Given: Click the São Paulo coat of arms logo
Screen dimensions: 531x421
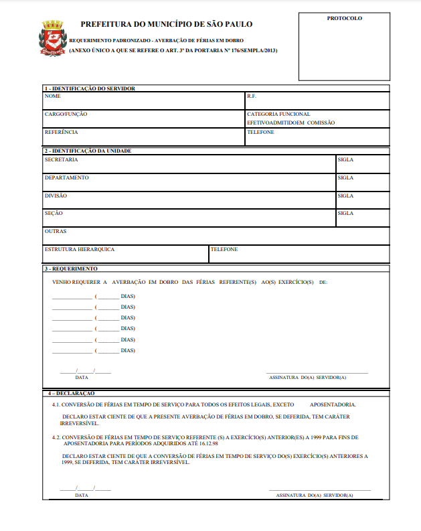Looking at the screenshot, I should (53, 37).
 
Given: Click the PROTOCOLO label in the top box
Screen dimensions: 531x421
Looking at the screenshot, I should (344, 19).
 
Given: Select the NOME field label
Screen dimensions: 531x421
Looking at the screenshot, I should (53, 96).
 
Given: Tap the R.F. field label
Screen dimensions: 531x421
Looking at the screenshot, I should (252, 96).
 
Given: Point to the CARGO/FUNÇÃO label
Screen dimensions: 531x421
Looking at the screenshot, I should (66, 115).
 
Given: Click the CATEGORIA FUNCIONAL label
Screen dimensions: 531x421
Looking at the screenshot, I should (278, 115).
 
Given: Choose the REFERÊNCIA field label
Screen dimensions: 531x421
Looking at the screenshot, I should (62, 133).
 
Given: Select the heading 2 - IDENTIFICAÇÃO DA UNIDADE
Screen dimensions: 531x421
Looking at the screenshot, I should (88, 151).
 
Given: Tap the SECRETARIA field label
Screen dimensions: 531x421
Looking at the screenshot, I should (61, 160).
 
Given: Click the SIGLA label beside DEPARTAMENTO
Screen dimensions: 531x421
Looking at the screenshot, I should (345, 178).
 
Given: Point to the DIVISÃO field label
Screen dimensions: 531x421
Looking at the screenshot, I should (56, 196).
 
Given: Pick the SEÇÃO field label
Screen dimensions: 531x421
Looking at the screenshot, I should (54, 214).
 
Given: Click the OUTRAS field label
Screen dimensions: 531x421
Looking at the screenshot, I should (55, 232).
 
